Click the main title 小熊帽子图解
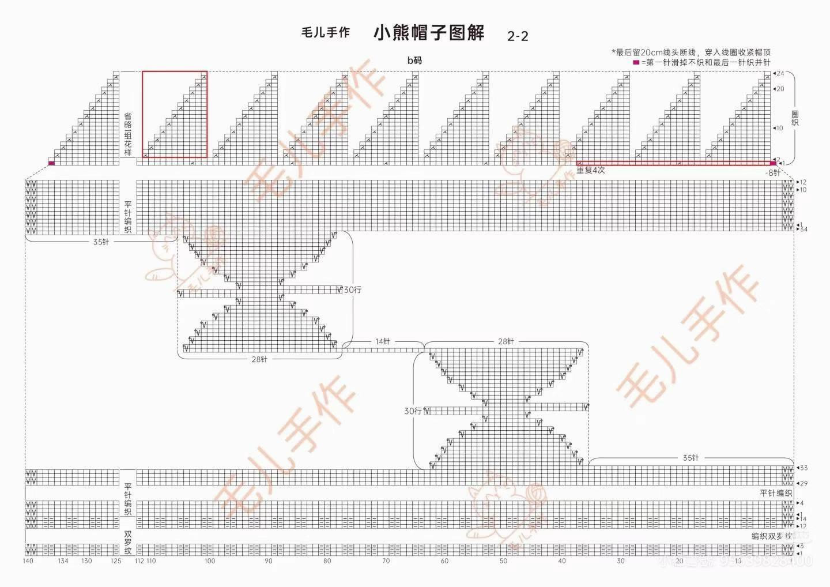click(429, 33)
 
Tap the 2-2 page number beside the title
click(518, 36)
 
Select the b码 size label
click(415, 60)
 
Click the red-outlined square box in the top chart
click(175, 114)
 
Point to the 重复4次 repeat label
click(591, 171)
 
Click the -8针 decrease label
click(773, 172)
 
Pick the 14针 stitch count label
click(383, 341)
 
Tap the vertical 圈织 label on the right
click(795, 118)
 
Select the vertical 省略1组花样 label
click(128, 134)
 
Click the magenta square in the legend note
click(636, 62)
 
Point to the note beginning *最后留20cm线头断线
click(691, 52)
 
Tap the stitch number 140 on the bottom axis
click(28, 561)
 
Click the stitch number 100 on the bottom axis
click(210, 561)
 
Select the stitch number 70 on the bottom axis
click(386, 561)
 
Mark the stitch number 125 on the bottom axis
click(116, 561)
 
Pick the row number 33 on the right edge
click(803, 468)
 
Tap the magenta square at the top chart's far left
click(51, 163)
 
